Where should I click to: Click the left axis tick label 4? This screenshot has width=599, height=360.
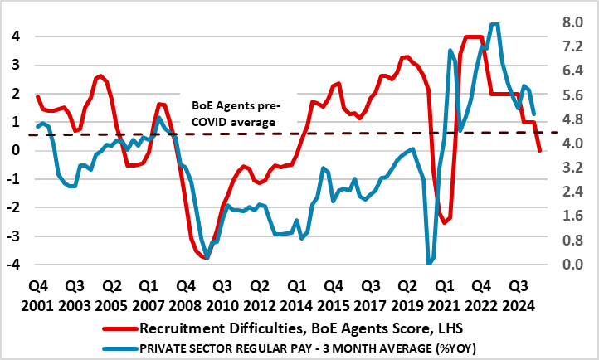pyautogui.click(x=15, y=36)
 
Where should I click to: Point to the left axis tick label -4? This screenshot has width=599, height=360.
pyautogui.click(x=12, y=265)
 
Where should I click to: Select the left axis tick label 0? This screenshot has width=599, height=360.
pyautogui.click(x=15, y=151)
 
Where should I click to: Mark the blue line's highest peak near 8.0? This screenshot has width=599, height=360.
pyautogui.click(x=494, y=24)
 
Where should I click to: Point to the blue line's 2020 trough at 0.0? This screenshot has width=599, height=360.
pyautogui.click(x=429, y=264)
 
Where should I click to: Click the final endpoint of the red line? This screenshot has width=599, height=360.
pyautogui.click(x=540, y=150)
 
